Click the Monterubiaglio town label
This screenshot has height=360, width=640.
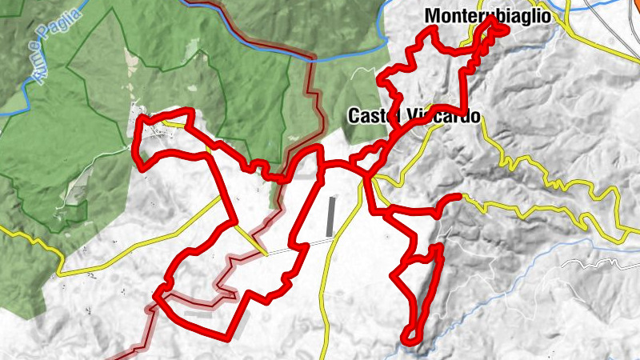(489, 15)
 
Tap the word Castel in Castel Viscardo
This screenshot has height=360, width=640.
(371, 116)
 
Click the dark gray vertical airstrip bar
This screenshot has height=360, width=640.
(331, 216)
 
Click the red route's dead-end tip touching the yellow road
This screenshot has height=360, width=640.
(458, 196)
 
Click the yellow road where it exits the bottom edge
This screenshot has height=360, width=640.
(323, 355)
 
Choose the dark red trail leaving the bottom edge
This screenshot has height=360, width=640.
(120, 355)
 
